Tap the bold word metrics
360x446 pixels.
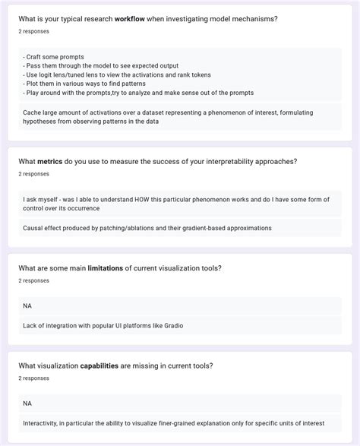51,161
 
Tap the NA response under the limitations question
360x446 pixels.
28,306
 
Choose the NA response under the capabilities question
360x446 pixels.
28,403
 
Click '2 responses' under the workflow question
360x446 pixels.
34,32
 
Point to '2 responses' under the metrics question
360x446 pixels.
34,174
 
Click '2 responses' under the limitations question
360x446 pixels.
34,280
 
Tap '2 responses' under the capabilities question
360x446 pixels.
34,378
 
